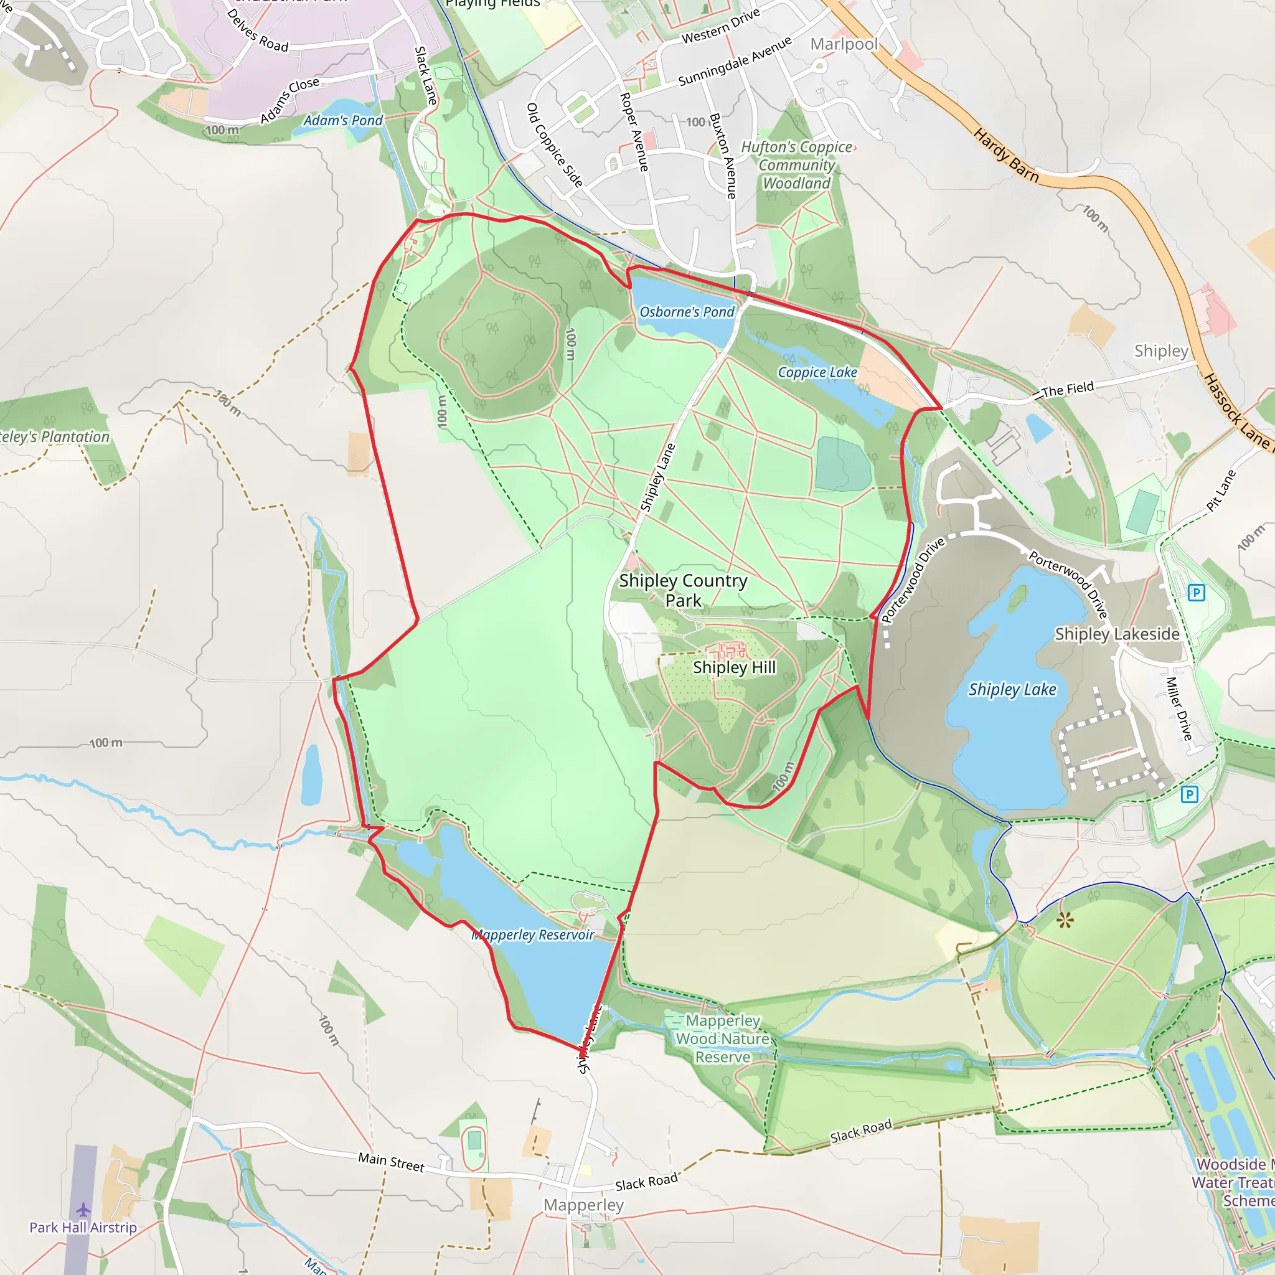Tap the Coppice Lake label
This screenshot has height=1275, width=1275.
(x=817, y=372)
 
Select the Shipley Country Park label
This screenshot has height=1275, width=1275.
(x=683, y=590)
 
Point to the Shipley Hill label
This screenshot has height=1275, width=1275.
(x=734, y=667)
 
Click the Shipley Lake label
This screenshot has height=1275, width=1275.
(x=1012, y=690)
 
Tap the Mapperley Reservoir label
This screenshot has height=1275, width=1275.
(x=532, y=934)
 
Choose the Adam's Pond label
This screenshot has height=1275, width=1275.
(x=342, y=120)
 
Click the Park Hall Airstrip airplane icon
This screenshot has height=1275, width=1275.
(x=83, y=1210)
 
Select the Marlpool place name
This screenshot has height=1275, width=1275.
(x=844, y=44)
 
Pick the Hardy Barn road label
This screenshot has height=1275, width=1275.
(x=1006, y=156)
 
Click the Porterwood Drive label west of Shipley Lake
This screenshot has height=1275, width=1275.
(x=913, y=580)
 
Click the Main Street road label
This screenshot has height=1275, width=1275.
(x=392, y=1162)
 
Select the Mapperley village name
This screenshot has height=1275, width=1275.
(x=583, y=1205)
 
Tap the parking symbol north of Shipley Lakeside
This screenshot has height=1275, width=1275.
(x=1196, y=593)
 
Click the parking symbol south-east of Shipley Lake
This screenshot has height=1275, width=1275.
(x=1189, y=794)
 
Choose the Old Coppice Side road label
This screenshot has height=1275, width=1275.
(x=554, y=145)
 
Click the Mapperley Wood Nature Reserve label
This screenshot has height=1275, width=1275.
(x=723, y=1039)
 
